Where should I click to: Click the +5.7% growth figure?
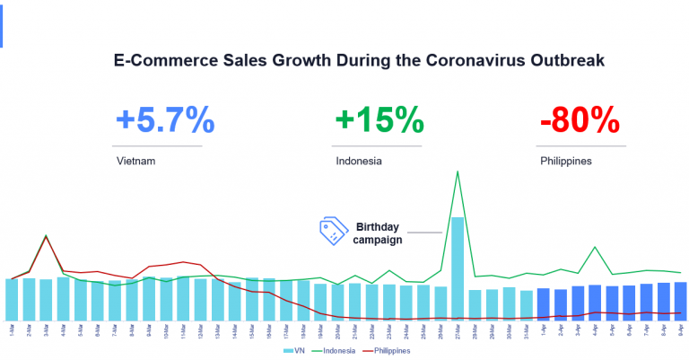tap(164, 119)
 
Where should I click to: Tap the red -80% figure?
tap(580, 119)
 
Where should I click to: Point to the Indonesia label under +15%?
tap(358, 162)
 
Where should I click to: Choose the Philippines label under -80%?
tap(566, 162)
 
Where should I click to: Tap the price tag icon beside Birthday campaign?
tap(334, 231)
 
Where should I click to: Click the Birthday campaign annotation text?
tap(378, 233)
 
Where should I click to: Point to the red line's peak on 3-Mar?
tap(46, 237)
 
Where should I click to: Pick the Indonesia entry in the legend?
tap(333, 351)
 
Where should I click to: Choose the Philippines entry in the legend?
tap(386, 351)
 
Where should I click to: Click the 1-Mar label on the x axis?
tap(11, 329)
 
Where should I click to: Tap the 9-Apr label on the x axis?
tap(681, 329)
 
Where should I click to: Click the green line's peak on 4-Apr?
tap(595, 247)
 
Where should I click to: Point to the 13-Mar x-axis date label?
tap(217, 329)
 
